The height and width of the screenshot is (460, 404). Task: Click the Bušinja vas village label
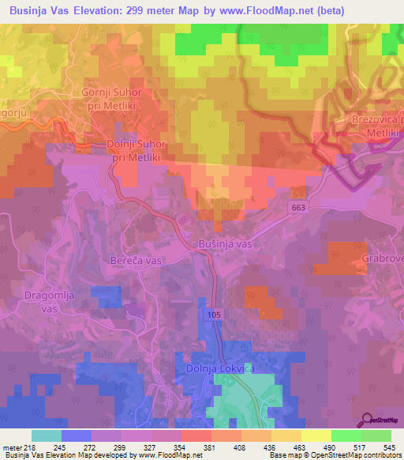(226, 244)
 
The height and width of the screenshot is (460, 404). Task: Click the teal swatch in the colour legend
(47, 435)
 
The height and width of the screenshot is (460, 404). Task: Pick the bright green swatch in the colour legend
(346, 435)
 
